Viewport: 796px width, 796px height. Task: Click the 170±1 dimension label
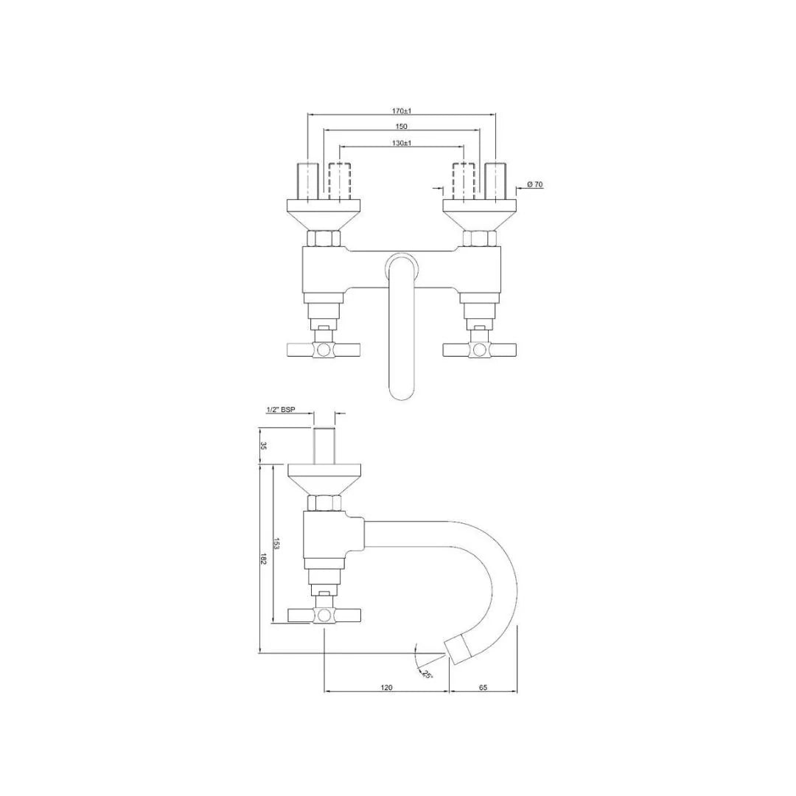click(x=401, y=111)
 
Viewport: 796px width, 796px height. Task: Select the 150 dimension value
click(x=401, y=126)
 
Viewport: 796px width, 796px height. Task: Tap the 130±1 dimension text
click(x=401, y=143)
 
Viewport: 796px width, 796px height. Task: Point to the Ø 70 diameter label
click(x=535, y=184)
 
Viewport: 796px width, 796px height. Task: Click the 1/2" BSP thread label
click(x=280, y=409)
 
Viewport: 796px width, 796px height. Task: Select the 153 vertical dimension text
click(x=276, y=544)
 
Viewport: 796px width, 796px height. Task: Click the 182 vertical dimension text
click(x=263, y=558)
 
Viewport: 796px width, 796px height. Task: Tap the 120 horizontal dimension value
click(x=386, y=687)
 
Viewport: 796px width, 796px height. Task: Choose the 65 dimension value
click(x=483, y=687)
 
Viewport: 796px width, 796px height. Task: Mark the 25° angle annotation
click(x=427, y=673)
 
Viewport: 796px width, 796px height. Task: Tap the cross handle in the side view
click(x=324, y=615)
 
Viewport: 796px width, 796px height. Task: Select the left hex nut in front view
click(x=324, y=238)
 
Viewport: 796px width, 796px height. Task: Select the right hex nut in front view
click(x=479, y=238)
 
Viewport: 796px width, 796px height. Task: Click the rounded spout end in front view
click(x=402, y=387)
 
